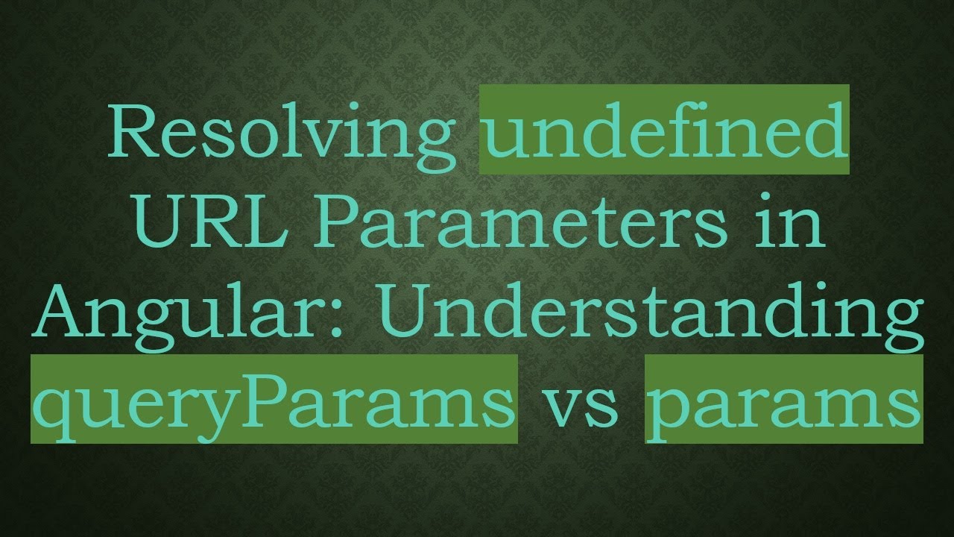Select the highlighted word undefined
664,131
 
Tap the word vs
581,406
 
